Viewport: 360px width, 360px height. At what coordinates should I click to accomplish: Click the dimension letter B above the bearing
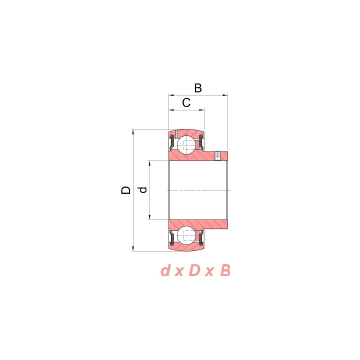click(198, 88)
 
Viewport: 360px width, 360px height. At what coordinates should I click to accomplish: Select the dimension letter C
click(186, 102)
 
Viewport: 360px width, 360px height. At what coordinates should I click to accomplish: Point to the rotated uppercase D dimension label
click(126, 190)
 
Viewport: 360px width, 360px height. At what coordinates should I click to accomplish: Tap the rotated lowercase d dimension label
click(143, 190)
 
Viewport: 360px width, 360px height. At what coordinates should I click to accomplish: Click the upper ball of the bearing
click(186, 145)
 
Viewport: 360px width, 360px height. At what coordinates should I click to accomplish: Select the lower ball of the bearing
click(186, 235)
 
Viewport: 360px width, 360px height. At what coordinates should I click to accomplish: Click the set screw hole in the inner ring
click(217, 156)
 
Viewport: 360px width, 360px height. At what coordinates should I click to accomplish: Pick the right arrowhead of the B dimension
click(225, 95)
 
